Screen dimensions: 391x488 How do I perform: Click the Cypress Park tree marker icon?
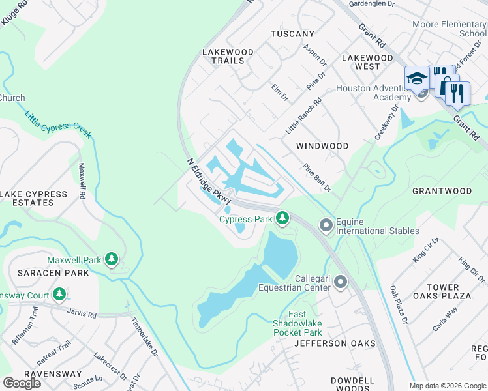tap(282, 219)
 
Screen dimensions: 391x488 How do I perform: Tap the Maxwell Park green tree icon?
tap(112, 260)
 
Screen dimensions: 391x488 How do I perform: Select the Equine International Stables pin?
tap(326, 225)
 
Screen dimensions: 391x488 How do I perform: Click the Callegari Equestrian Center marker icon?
tap(340, 282)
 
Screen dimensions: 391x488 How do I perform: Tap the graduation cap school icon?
tap(416, 80)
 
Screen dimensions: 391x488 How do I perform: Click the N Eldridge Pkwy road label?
tap(209, 184)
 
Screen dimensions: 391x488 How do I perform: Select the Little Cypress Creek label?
tap(58, 124)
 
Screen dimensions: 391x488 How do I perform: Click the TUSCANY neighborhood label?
tap(293, 34)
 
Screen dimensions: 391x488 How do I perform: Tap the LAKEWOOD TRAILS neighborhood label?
tap(223, 56)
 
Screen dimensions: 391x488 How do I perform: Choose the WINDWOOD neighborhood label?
tap(322, 146)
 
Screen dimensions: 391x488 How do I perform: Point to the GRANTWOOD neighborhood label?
tap(442, 191)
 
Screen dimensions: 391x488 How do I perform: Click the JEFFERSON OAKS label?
tap(335, 343)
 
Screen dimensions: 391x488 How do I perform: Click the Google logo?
tap(22, 383)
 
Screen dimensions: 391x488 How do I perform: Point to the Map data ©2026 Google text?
tap(447, 386)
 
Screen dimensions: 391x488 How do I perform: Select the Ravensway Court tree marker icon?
tap(59, 294)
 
